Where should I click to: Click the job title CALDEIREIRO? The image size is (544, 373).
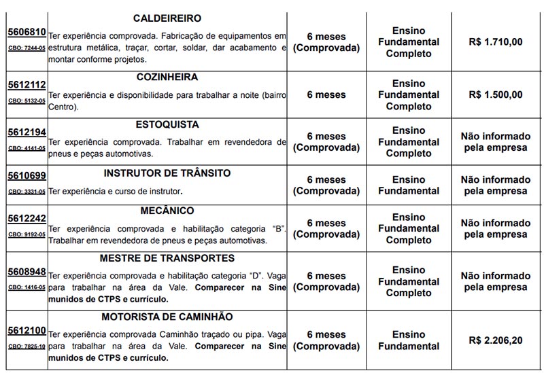pyautogui.click(x=167, y=18)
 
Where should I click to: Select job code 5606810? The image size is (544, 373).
pyautogui.click(x=27, y=32)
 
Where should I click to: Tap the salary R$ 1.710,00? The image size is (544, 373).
pyautogui.click(x=496, y=42)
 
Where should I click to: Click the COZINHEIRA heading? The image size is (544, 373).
pyautogui.click(x=167, y=77)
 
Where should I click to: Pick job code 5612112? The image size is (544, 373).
pyautogui.click(x=27, y=85)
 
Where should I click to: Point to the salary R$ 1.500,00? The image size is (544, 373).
pyautogui.click(x=496, y=94)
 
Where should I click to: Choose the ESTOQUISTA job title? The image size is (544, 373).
pyautogui.click(x=167, y=125)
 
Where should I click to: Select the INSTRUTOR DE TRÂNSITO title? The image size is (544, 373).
pyautogui.click(x=167, y=173)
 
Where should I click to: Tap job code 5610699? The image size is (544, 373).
pyautogui.click(x=27, y=176)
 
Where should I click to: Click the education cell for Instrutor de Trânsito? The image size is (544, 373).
pyautogui.click(x=409, y=185)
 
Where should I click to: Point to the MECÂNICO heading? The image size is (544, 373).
pyautogui.click(x=167, y=211)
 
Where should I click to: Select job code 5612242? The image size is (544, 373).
pyautogui.click(x=27, y=219)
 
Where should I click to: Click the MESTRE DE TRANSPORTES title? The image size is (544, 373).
pyautogui.click(x=167, y=259)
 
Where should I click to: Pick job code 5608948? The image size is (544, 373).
pyautogui.click(x=27, y=272)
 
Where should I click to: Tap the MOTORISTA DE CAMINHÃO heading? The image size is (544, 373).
pyautogui.click(x=167, y=317)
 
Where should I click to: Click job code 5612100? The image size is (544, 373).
pyautogui.click(x=27, y=331)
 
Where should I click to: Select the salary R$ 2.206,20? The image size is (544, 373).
pyautogui.click(x=496, y=340)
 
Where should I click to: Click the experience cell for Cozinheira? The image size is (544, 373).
pyautogui.click(x=326, y=94)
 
